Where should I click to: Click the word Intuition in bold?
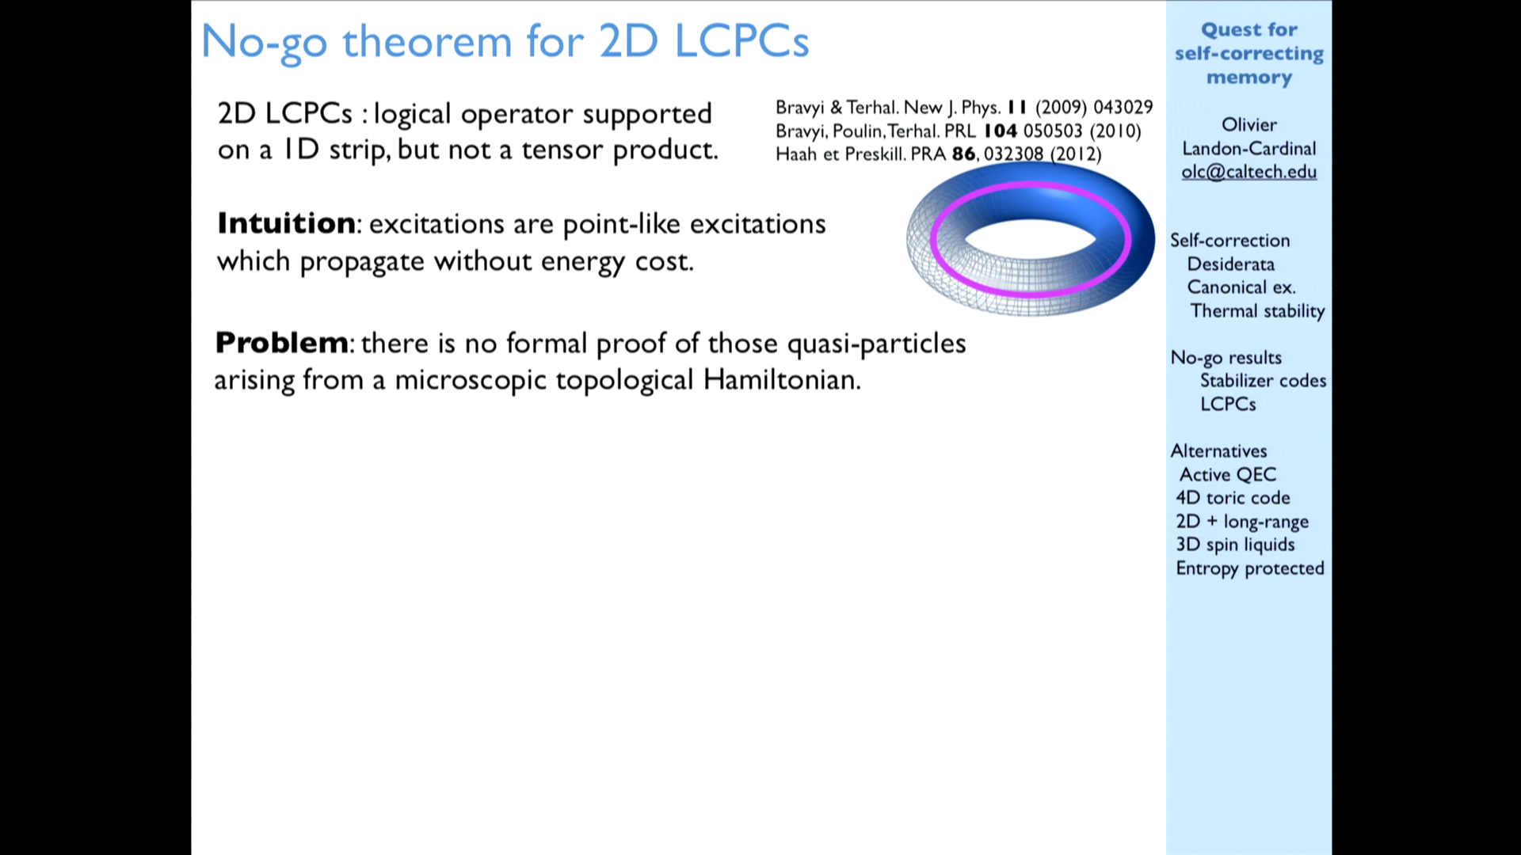(286, 223)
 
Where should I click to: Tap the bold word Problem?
(281, 343)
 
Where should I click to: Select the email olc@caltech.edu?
(1248, 172)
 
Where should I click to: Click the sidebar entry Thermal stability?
(1257, 311)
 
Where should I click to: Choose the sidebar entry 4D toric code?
(1233, 497)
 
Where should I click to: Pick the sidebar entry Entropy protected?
(1249, 568)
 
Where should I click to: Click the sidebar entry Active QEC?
(1228, 474)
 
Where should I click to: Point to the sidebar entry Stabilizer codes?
(1263, 381)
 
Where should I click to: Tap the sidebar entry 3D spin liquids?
(1235, 545)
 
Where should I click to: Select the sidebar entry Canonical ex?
(1241, 287)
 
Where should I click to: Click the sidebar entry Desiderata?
(1230, 264)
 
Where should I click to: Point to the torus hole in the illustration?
(1030, 238)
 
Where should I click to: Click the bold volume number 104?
(1000, 131)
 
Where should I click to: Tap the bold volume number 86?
(963, 154)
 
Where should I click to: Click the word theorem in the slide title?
(427, 41)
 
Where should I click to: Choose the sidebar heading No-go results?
(1226, 358)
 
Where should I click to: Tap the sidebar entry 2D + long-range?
(1242, 522)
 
